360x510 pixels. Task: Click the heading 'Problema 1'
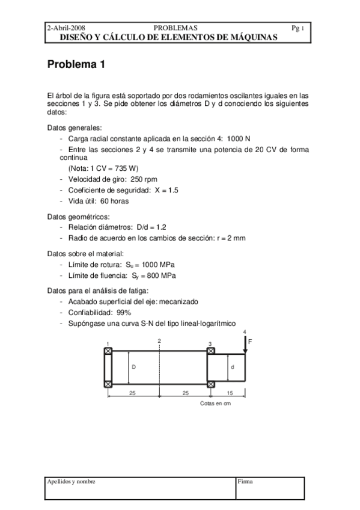point(76,66)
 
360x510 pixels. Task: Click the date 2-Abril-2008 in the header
point(66,28)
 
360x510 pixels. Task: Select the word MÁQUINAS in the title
point(251,37)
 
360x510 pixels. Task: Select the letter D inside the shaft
point(133,366)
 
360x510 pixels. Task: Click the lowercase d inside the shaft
point(232,366)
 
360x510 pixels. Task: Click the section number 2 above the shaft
point(159,341)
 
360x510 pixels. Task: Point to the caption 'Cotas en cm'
point(215,404)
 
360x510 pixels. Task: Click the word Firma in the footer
point(245,482)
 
